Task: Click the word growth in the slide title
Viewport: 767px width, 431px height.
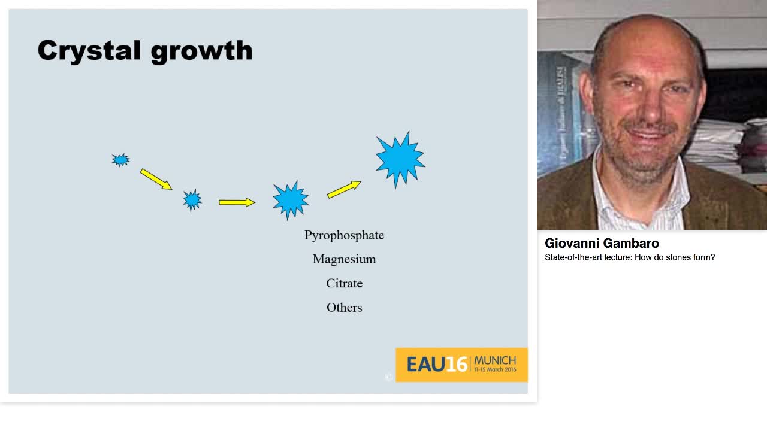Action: pyautogui.click(x=202, y=51)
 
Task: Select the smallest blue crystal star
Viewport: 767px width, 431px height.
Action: pyautogui.click(x=120, y=160)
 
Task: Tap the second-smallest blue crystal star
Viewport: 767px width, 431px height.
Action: pyautogui.click(x=192, y=200)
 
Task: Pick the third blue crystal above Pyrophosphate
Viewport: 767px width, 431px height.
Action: pyautogui.click(x=291, y=200)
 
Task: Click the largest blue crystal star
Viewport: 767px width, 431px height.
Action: pyautogui.click(x=400, y=159)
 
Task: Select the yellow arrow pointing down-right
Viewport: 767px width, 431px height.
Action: pyautogui.click(x=156, y=179)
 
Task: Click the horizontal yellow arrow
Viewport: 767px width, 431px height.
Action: pyautogui.click(x=237, y=202)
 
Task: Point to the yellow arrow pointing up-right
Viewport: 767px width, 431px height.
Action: pyautogui.click(x=344, y=189)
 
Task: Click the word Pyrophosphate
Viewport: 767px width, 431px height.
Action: pyautogui.click(x=344, y=236)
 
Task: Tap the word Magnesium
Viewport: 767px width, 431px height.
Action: pyautogui.click(x=344, y=259)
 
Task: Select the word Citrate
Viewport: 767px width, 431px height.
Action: pyautogui.click(x=344, y=283)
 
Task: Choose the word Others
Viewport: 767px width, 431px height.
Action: pyautogui.click(x=344, y=308)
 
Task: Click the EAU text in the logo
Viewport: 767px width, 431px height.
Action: pyautogui.click(x=426, y=365)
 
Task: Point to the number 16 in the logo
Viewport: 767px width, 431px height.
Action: pyautogui.click(x=457, y=365)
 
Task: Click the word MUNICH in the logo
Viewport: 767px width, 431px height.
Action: pyautogui.click(x=495, y=360)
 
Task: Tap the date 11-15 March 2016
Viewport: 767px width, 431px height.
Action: pyautogui.click(x=495, y=369)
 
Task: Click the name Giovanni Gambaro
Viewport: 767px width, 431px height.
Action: pyautogui.click(x=602, y=244)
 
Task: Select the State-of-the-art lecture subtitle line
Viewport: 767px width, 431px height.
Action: pyautogui.click(x=630, y=257)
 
